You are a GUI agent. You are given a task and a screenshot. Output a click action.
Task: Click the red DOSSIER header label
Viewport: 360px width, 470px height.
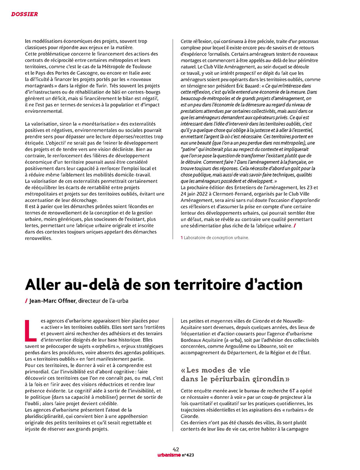[24, 14]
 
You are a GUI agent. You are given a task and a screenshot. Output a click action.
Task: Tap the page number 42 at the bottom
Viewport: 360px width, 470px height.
[176, 449]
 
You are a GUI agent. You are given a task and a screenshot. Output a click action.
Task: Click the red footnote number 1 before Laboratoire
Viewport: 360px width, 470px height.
[182, 238]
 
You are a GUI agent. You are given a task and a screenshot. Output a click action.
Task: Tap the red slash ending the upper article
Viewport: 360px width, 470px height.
[294, 226]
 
